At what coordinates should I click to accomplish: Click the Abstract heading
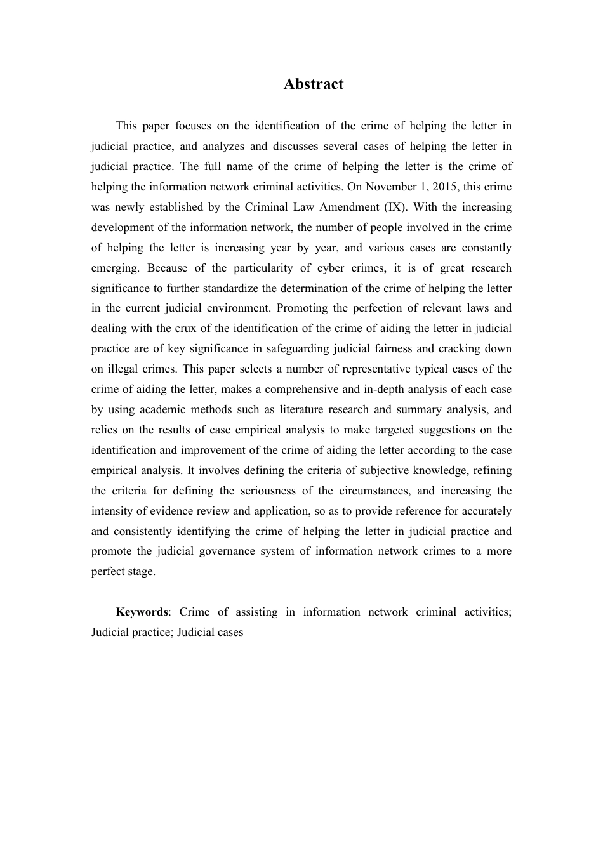[314, 84]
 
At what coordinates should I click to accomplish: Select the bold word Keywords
[142, 612]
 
